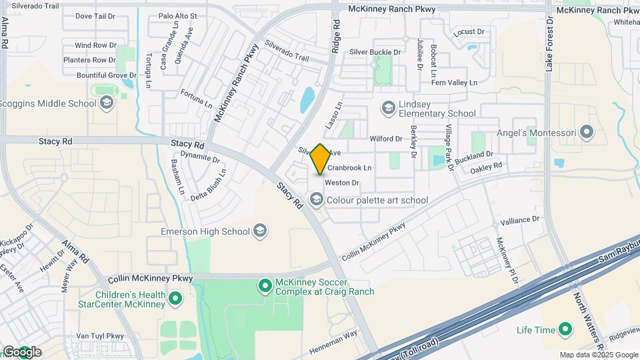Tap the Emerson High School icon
260,231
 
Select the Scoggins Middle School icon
107,103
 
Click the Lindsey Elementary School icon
388,107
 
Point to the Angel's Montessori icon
586,133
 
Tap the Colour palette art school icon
316,199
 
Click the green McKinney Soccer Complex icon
265,286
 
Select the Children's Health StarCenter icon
175,299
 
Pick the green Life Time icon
565,329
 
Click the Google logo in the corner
22,351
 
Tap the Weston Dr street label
343,183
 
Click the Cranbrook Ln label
349,167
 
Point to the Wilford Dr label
386,139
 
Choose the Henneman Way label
333,343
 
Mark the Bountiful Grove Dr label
97,75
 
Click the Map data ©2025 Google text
597,355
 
